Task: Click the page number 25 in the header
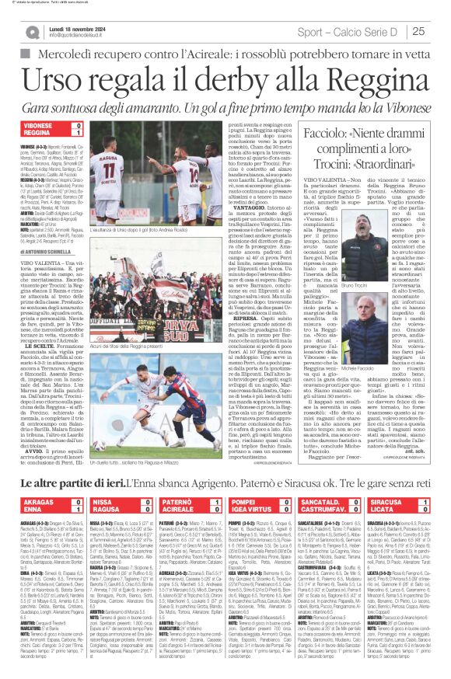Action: pos(439,31)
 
